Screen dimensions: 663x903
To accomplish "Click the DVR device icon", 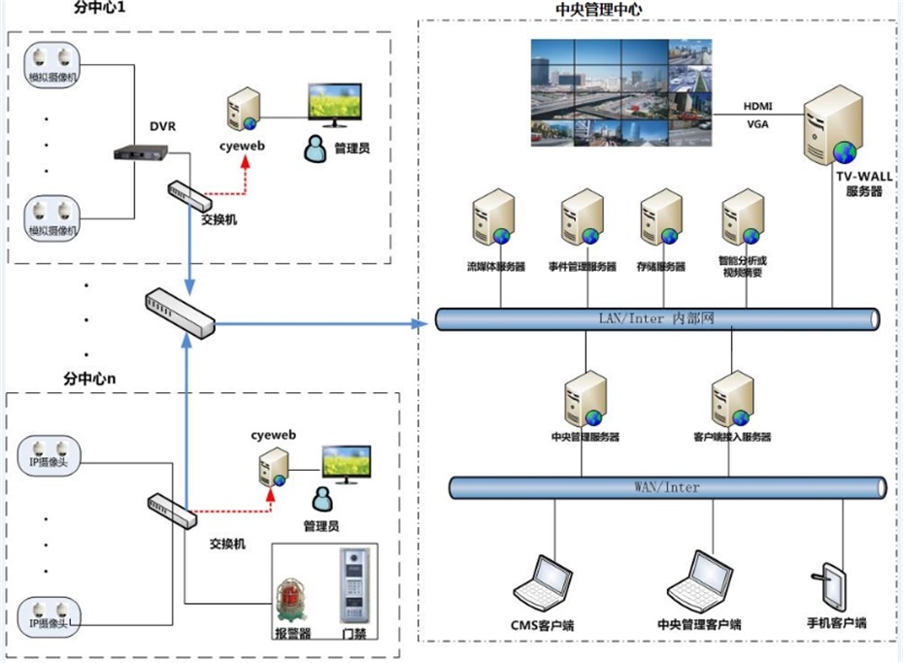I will tap(141, 152).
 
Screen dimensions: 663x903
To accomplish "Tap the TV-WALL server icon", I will tap(834, 129).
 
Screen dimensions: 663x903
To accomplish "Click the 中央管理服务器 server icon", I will tap(585, 400).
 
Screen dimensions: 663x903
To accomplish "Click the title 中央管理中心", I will tap(598, 10).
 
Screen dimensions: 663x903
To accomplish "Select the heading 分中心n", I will tap(89, 377).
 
